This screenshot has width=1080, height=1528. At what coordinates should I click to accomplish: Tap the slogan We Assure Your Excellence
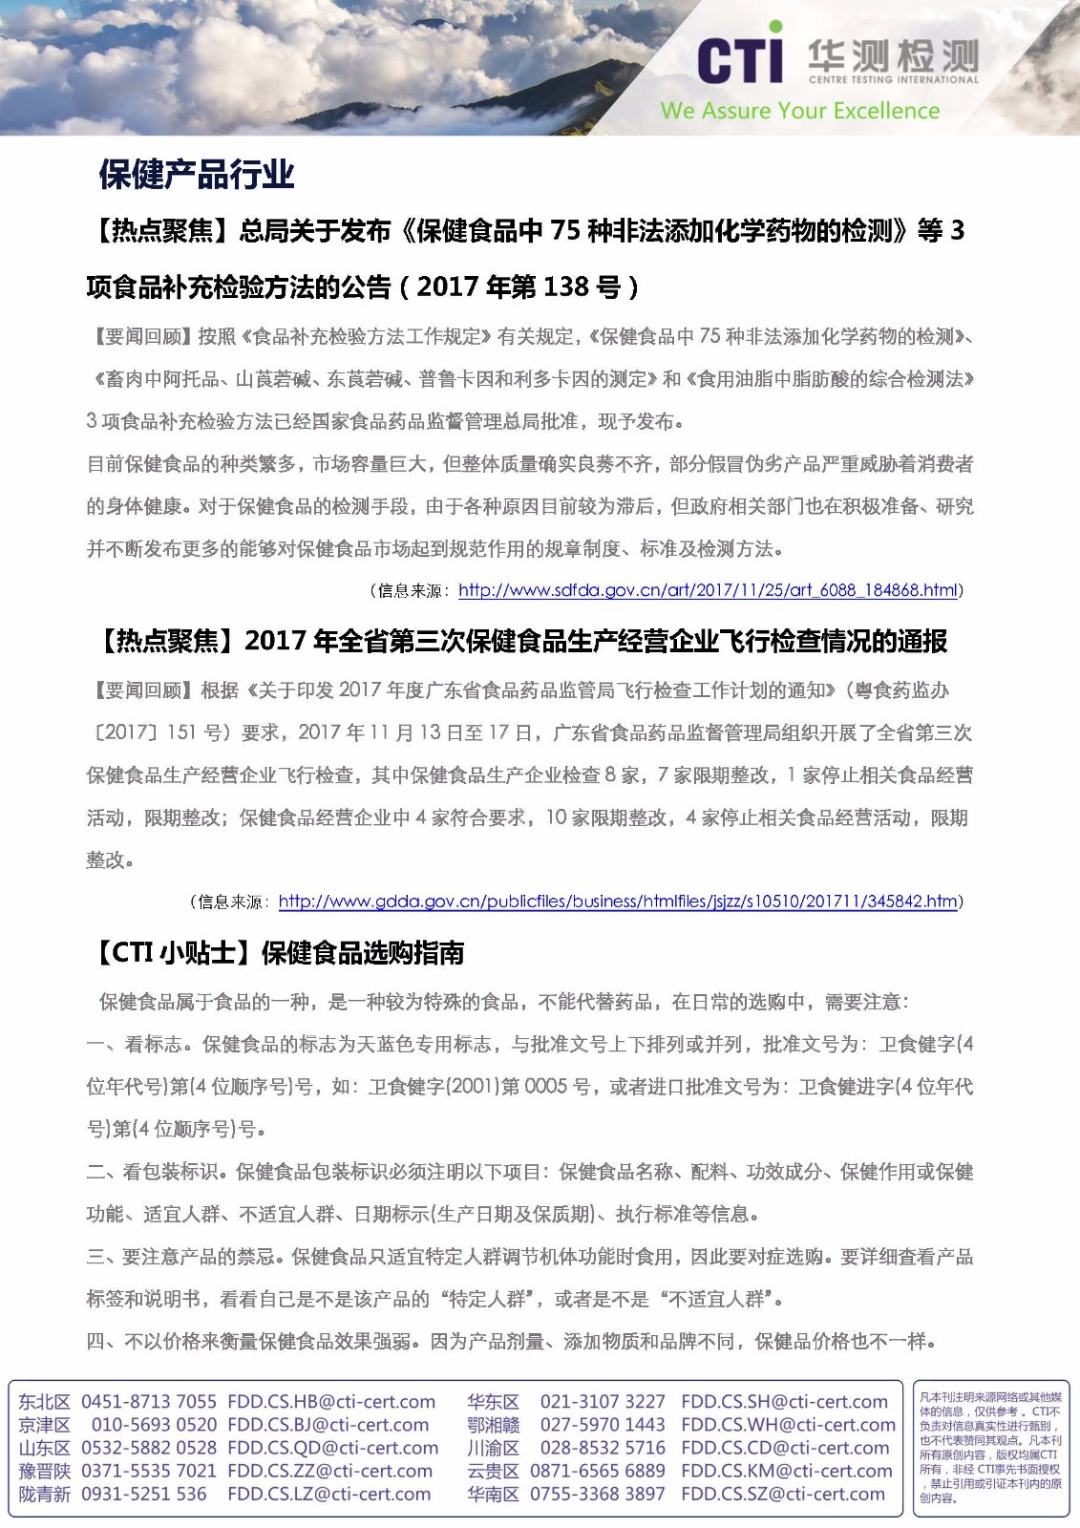(799, 111)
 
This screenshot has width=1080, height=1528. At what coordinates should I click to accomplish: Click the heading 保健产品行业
(197, 174)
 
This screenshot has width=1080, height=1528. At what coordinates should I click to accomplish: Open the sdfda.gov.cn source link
(708, 590)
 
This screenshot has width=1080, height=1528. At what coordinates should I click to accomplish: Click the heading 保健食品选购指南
(363, 952)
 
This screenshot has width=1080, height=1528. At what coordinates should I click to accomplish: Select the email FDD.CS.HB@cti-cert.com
(330, 1402)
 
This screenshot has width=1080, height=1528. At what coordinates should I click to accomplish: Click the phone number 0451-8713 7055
(149, 1402)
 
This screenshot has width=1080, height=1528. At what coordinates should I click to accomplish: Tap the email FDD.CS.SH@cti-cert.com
(784, 1402)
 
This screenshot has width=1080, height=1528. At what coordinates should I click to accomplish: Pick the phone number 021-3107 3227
(602, 1402)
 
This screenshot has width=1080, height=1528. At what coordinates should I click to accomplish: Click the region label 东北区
(44, 1402)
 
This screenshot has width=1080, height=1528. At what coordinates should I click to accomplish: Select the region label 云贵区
(493, 1472)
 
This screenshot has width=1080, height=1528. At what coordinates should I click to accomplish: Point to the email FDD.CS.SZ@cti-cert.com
(783, 1495)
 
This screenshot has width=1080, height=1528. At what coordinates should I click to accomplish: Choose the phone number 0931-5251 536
(143, 1495)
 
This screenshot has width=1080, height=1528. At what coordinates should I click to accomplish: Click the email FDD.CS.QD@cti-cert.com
(332, 1449)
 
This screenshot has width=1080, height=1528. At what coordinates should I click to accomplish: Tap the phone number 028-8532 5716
(602, 1449)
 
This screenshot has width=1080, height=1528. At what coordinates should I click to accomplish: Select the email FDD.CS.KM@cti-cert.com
(786, 1472)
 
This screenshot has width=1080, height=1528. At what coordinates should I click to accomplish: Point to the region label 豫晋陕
(44, 1472)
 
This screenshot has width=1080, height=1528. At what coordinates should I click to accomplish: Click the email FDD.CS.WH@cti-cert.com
(788, 1425)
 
